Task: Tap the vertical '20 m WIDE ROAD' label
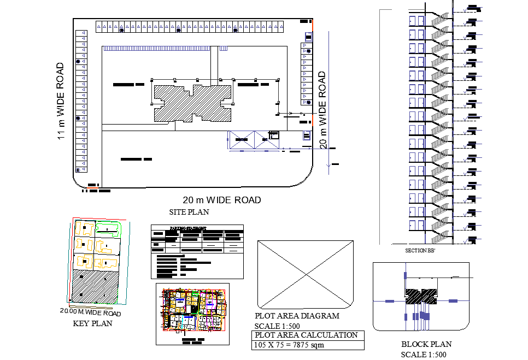[322, 109]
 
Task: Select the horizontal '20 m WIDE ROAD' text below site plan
[222, 200]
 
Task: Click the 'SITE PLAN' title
[189, 212]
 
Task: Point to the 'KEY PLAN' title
[92, 323]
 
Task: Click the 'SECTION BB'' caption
[420, 250]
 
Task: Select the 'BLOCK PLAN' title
[426, 344]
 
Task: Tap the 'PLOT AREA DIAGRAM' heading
[297, 316]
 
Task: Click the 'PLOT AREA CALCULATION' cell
[306, 335]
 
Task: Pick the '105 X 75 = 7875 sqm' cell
[290, 345]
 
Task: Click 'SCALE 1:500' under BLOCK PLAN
[424, 354]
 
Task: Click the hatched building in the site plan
[192, 102]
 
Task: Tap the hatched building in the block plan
[421, 296]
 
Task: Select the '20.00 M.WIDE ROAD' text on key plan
[91, 313]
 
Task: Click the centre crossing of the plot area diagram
[306, 273]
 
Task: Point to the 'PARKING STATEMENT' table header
[187, 228]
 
